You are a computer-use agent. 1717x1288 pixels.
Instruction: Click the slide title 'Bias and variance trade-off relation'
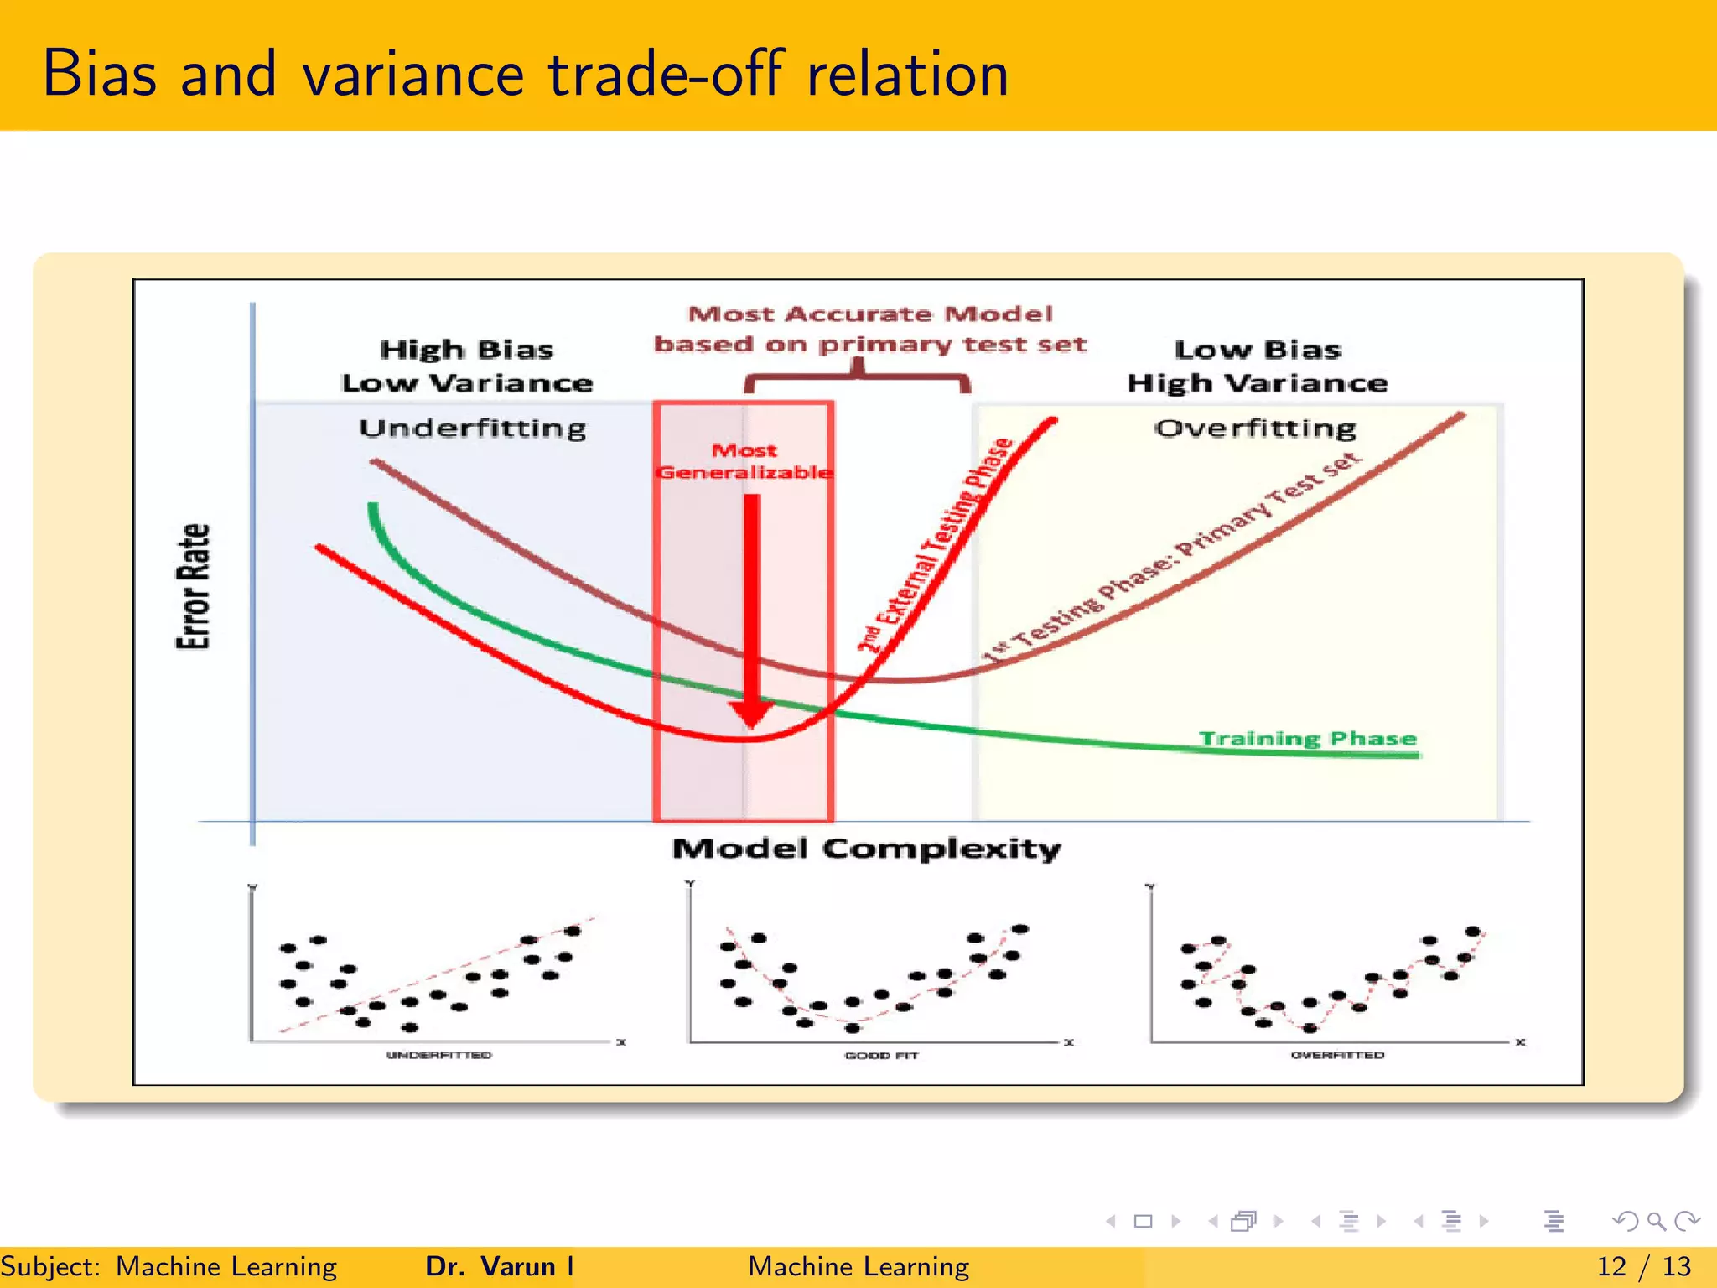pos(525,74)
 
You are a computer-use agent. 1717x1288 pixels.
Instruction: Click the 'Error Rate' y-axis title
pos(194,586)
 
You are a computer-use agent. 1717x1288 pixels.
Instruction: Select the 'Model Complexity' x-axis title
pos(866,849)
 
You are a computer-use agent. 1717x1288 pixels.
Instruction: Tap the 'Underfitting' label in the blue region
pos(472,428)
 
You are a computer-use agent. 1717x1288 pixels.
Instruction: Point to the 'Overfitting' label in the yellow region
pos(1255,428)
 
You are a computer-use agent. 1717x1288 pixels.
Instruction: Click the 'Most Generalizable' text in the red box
pos(744,462)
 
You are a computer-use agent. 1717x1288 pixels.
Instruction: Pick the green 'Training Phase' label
pos(1307,738)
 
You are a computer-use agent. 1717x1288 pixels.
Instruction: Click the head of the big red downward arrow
pos(751,714)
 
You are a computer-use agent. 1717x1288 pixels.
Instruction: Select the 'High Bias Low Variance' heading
pos(467,366)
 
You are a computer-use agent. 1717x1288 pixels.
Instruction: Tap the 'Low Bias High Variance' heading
pos(1257,366)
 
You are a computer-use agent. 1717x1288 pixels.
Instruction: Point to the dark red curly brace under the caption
pos(858,377)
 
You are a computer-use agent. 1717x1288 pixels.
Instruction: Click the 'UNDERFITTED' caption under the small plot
pos(438,1055)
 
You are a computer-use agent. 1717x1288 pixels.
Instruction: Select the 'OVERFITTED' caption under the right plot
pos(1337,1055)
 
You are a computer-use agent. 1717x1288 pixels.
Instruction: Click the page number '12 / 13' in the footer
pos(1643,1266)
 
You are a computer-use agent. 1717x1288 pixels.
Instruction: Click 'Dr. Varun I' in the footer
pos(500,1266)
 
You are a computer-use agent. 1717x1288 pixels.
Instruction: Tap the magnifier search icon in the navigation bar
pos(1656,1221)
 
